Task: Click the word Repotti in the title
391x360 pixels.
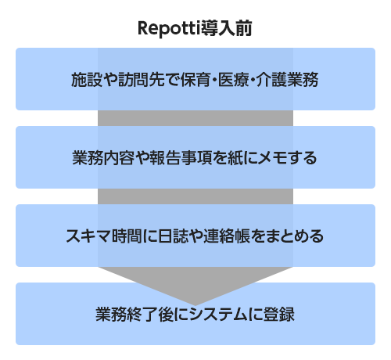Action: [x=169, y=28]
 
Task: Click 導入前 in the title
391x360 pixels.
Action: [x=226, y=28]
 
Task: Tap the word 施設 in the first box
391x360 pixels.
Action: [x=87, y=80]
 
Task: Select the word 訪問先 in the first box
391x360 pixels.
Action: [x=142, y=80]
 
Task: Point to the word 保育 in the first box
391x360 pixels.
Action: [x=195, y=80]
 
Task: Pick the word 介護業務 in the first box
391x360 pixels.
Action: [x=287, y=80]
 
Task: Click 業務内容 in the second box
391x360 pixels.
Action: [x=103, y=158]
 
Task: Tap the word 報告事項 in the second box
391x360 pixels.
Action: [x=181, y=158]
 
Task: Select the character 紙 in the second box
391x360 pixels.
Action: [x=235, y=158]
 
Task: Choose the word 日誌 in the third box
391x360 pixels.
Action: [x=174, y=236]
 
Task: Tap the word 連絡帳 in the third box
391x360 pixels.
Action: [x=227, y=236]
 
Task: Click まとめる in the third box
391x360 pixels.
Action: [x=295, y=236]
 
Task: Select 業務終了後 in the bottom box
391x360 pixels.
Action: [x=134, y=315]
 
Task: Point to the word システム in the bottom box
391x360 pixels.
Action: [x=218, y=315]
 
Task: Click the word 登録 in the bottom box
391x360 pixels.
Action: [x=279, y=315]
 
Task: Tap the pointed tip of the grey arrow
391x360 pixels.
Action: [x=195, y=305]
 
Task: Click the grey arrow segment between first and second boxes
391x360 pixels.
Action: [x=195, y=118]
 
